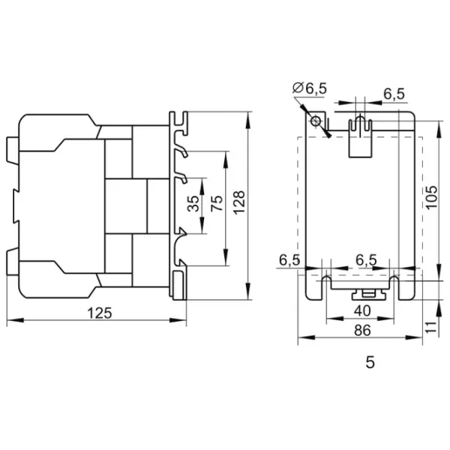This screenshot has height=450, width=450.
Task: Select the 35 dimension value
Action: (194, 205)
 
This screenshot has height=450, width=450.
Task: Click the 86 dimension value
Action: (363, 329)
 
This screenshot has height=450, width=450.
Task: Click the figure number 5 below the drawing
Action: (369, 362)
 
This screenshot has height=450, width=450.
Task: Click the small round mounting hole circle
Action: (316, 121)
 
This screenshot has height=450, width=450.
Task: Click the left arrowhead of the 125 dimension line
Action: (10, 322)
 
